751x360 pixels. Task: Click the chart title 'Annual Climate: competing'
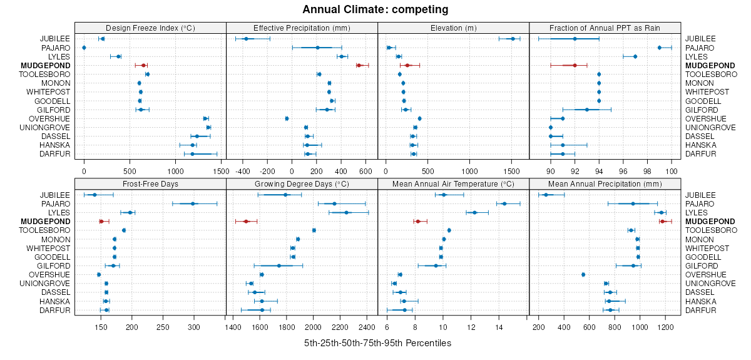point(375,9)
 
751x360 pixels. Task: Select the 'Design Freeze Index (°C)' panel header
point(150,28)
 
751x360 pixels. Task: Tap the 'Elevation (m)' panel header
point(453,28)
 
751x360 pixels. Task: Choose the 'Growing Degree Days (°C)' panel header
point(302,183)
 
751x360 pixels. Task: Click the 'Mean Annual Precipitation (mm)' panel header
point(605,183)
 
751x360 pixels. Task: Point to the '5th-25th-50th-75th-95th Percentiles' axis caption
point(377,343)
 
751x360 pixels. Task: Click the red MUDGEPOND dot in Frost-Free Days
point(101,221)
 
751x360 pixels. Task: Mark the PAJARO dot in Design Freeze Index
point(84,48)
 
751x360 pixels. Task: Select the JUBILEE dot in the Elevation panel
point(513,39)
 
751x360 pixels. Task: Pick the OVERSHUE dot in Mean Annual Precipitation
point(583,274)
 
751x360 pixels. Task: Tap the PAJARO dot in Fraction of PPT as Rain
point(660,48)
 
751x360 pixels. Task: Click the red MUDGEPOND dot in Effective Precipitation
point(359,65)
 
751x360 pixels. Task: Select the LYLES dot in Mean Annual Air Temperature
point(474,212)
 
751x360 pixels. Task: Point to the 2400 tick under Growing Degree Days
point(367,326)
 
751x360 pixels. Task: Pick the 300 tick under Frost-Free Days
point(193,326)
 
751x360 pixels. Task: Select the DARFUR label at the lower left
point(55,310)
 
